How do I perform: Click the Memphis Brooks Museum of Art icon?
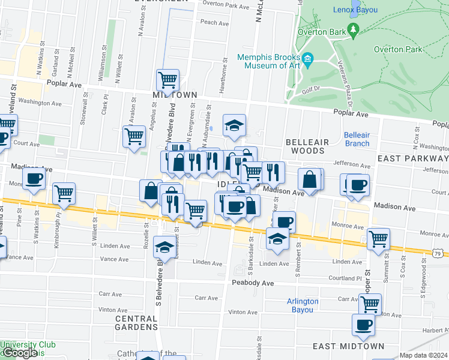[308, 58]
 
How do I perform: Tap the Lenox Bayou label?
[355, 10]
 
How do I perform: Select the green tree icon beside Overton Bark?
[354, 29]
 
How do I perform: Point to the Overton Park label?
[397, 50]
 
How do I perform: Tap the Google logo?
[19, 353]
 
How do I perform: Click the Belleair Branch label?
[357, 139]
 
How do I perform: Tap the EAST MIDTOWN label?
[349, 346]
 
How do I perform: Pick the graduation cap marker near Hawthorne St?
[234, 125]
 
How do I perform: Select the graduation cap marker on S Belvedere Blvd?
[164, 246]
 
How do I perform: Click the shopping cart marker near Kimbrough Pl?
[64, 193]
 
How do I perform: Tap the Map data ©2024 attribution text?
[423, 355]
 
